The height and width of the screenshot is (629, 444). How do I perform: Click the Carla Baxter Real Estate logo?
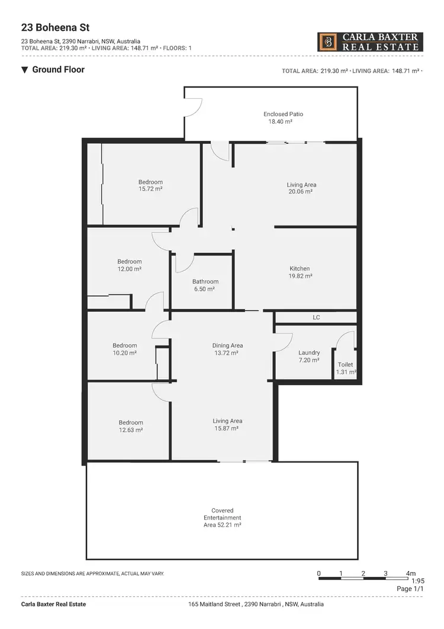[370, 42]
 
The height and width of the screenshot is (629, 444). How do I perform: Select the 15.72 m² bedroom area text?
[150, 189]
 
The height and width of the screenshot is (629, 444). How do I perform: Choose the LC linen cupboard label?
[316, 317]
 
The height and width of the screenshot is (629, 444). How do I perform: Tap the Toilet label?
[345, 365]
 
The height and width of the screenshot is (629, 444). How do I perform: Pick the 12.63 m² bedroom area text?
[130, 431]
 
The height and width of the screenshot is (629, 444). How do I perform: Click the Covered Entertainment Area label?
[222, 517]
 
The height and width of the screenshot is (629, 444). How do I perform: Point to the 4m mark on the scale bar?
[411, 573]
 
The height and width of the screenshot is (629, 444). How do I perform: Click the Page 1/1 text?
[410, 589]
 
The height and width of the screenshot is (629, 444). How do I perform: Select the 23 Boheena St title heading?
[47, 27]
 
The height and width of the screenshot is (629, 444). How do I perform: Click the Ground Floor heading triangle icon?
[24, 70]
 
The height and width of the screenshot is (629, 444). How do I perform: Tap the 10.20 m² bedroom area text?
[124, 353]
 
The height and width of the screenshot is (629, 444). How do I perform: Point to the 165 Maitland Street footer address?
[256, 604]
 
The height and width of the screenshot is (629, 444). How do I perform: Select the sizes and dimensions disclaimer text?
[92, 574]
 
